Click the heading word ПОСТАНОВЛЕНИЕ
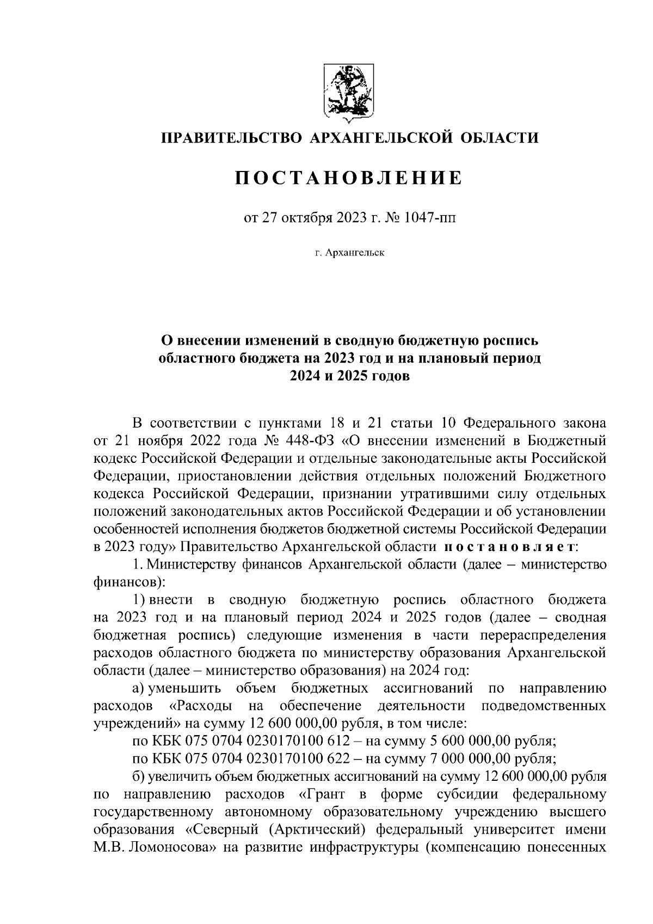[348, 178]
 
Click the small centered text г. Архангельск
[349, 253]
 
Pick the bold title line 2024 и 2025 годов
[348, 377]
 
